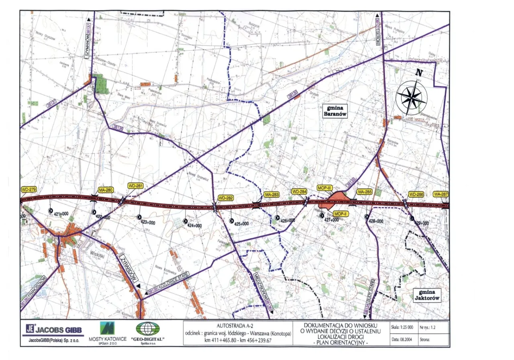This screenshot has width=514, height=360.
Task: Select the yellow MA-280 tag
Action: (106, 190)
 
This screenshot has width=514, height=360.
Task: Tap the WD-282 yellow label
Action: (226, 198)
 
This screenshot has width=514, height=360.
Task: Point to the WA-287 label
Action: (441, 194)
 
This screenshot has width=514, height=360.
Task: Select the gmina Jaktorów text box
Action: (427, 295)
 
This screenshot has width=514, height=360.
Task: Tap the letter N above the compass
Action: (419, 73)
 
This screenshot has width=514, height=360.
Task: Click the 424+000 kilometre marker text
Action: (194, 226)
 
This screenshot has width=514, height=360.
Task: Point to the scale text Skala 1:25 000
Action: (402, 327)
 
